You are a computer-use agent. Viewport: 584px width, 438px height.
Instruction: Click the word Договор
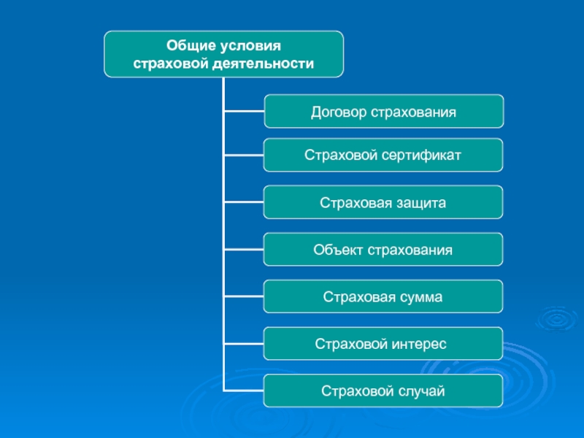tap(339, 112)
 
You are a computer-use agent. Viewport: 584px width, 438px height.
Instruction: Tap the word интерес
tap(416, 344)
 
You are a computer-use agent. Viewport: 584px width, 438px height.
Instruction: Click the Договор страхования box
tap(383, 112)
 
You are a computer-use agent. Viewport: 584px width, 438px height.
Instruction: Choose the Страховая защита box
tap(383, 202)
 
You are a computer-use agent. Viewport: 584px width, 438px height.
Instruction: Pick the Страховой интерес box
tap(383, 344)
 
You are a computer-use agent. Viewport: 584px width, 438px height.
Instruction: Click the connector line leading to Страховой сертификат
tap(243, 155)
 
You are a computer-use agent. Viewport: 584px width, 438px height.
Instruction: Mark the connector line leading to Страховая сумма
tap(243, 297)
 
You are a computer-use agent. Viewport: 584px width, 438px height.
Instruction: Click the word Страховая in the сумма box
tap(355, 297)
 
